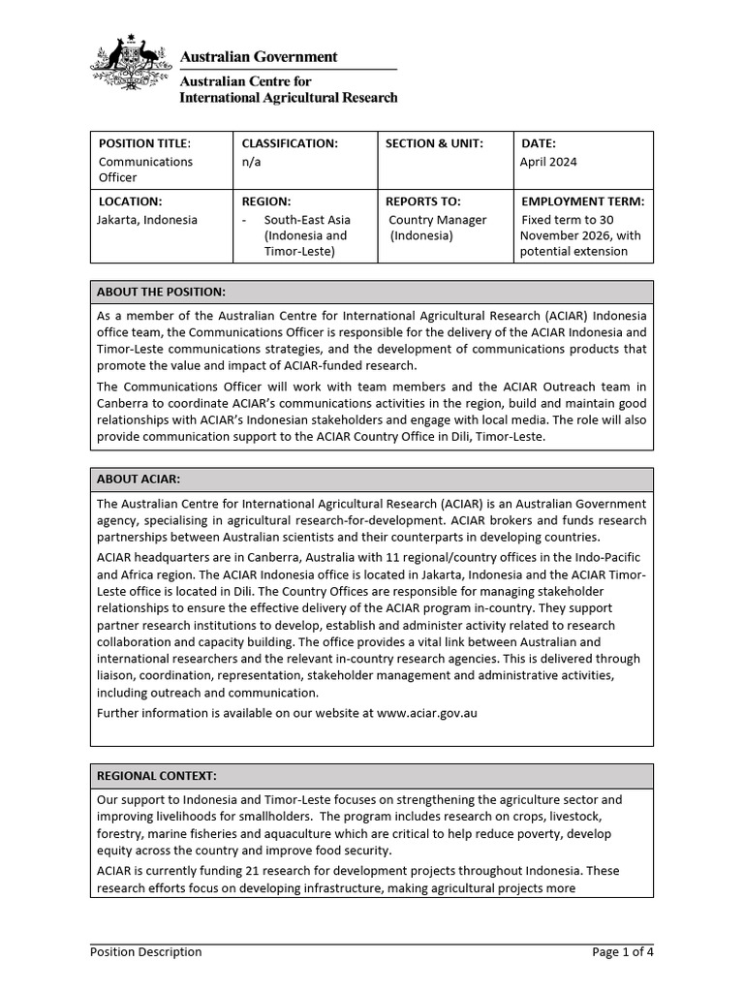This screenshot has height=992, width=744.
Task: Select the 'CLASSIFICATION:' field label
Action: [x=290, y=143]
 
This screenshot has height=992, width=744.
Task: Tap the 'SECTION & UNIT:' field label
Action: [x=434, y=143]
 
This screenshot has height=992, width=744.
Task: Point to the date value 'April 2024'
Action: [x=548, y=162]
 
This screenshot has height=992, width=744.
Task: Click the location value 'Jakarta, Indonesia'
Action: [x=147, y=220]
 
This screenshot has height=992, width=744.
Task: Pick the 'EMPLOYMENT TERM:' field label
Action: [x=583, y=201]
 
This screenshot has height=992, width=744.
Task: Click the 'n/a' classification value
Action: [x=251, y=162]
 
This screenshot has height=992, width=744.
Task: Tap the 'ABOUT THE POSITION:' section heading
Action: [x=161, y=292]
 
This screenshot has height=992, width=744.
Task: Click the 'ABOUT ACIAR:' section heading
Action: [x=139, y=479]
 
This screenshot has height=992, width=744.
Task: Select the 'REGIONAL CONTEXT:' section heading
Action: [x=157, y=776]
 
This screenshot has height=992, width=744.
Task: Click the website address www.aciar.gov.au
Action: [x=426, y=713]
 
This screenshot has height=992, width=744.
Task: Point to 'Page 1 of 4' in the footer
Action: [x=622, y=951]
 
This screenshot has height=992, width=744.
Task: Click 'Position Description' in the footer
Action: [x=146, y=951]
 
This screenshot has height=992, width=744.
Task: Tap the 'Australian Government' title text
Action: [x=260, y=57]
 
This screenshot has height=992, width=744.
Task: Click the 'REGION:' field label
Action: [x=266, y=201]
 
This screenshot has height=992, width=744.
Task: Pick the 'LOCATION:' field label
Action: [x=130, y=201]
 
